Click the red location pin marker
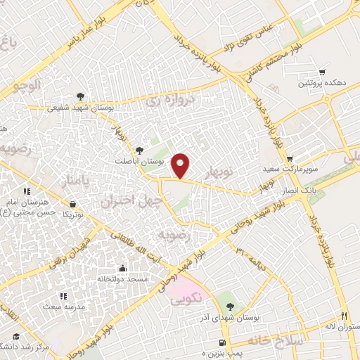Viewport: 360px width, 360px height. [181, 165]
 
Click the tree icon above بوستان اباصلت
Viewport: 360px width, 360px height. [139, 150]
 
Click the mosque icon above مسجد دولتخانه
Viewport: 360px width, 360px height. [123, 268]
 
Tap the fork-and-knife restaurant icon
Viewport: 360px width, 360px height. [344, 316]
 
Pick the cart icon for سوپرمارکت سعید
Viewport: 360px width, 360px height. [290, 159]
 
